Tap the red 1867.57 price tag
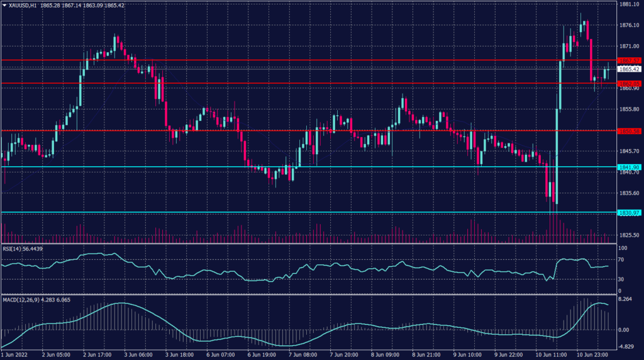pyautogui.click(x=629, y=60)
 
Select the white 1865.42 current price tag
pyautogui.click(x=629, y=69)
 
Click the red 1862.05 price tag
pyautogui.click(x=629, y=83)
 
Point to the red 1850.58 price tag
pyautogui.click(x=629, y=131)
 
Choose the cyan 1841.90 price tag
pyautogui.click(x=629, y=167)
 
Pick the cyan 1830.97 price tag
pyautogui.click(x=629, y=213)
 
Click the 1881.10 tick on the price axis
pyautogui.click(x=629, y=4)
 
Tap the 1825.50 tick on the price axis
pyautogui.click(x=629, y=235)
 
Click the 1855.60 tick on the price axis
pyautogui.click(x=629, y=109)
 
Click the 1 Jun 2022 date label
pyautogui.click(x=14, y=355)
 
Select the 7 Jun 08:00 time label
pyautogui.click(x=298, y=355)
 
